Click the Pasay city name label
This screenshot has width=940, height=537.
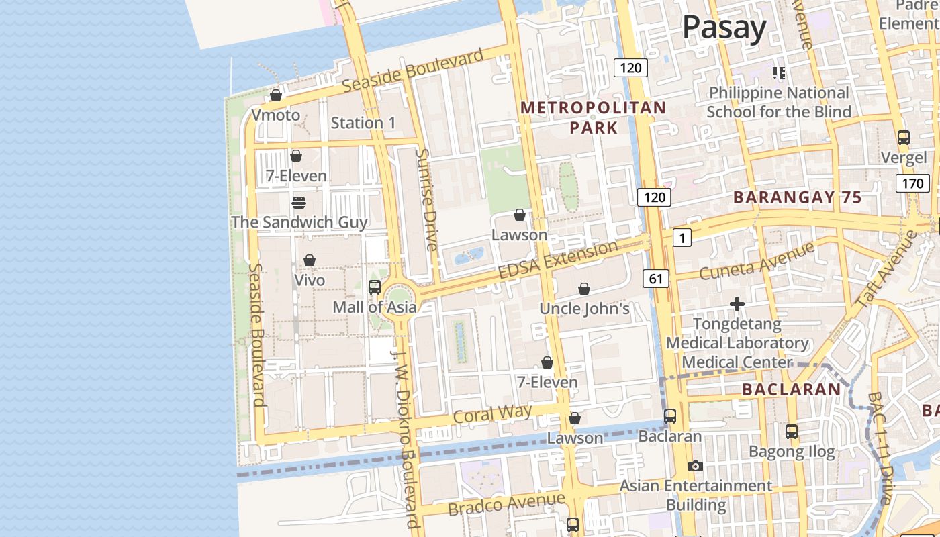(724, 28)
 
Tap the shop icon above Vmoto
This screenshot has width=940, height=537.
(276, 95)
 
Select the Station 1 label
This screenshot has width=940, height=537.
(363, 123)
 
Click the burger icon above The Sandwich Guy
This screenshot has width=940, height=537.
(299, 202)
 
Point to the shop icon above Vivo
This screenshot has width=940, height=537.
(310, 260)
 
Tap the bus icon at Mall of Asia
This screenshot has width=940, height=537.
(375, 287)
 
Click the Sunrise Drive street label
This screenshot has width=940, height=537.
(427, 199)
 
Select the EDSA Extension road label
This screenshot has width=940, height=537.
(558, 260)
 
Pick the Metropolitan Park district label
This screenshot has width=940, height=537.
(594, 117)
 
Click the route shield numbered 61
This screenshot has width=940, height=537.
(656, 278)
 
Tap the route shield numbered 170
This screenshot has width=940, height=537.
(912, 183)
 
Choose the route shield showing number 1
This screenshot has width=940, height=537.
(681, 237)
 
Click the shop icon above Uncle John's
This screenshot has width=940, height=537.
(584, 289)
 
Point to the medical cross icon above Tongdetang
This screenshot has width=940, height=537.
(737, 304)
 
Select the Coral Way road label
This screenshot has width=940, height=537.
(493, 413)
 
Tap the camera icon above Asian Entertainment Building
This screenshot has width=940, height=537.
(696, 466)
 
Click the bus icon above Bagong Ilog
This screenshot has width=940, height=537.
(792, 432)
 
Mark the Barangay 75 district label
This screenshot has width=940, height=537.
(797, 197)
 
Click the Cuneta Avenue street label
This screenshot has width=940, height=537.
(757, 261)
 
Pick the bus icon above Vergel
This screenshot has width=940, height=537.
(904, 138)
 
